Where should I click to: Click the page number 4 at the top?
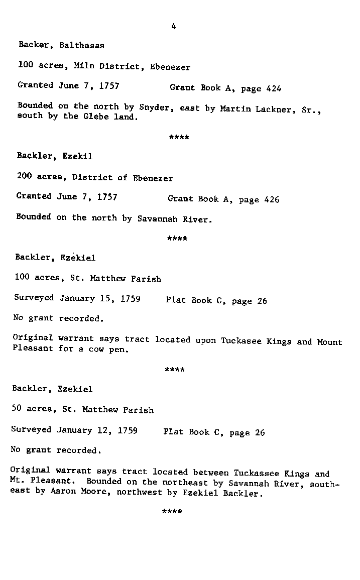click(x=173, y=27)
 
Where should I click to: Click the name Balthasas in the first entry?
click(x=82, y=45)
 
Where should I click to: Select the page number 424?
click(x=274, y=89)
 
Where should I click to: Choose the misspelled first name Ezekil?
click(x=77, y=156)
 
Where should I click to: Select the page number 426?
click(x=272, y=199)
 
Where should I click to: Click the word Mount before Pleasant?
click(x=329, y=342)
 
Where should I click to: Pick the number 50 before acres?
click(x=17, y=409)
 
